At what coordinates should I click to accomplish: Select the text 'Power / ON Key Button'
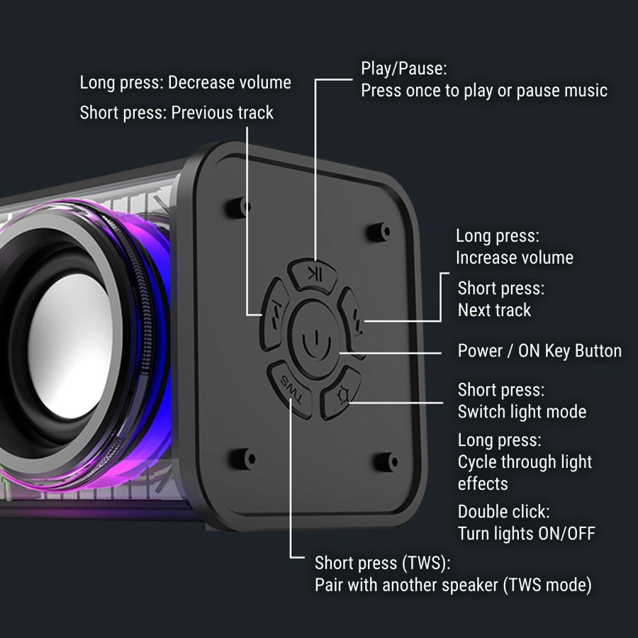coord(539,351)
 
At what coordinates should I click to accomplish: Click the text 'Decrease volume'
coord(230,83)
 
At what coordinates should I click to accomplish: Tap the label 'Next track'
coord(494,310)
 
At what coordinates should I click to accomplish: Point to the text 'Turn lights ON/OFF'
coord(526,533)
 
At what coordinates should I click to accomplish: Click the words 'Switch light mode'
coord(522,411)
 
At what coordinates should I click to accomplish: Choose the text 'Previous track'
coord(222,113)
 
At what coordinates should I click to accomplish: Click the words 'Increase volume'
coord(514,257)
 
